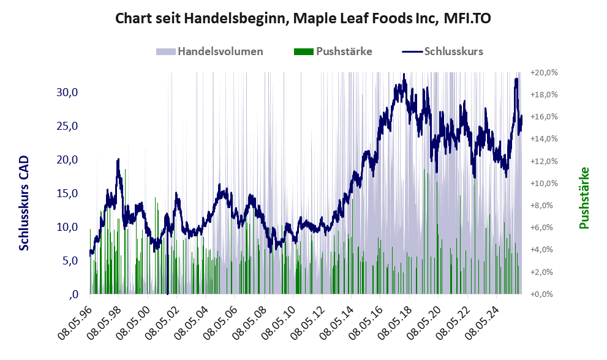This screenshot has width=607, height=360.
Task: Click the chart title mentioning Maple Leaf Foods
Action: point(303,19)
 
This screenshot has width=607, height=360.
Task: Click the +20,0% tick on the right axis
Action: point(544,73)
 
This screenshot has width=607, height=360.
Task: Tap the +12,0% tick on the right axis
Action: point(544,161)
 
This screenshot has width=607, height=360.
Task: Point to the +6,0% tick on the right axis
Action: point(544,228)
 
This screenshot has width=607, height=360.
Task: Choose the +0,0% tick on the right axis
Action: point(544,294)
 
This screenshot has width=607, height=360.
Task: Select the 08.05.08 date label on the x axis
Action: point(250,318)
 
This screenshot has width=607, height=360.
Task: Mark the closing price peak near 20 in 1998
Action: point(118,160)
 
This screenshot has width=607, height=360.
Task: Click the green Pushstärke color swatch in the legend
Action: point(304,51)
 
